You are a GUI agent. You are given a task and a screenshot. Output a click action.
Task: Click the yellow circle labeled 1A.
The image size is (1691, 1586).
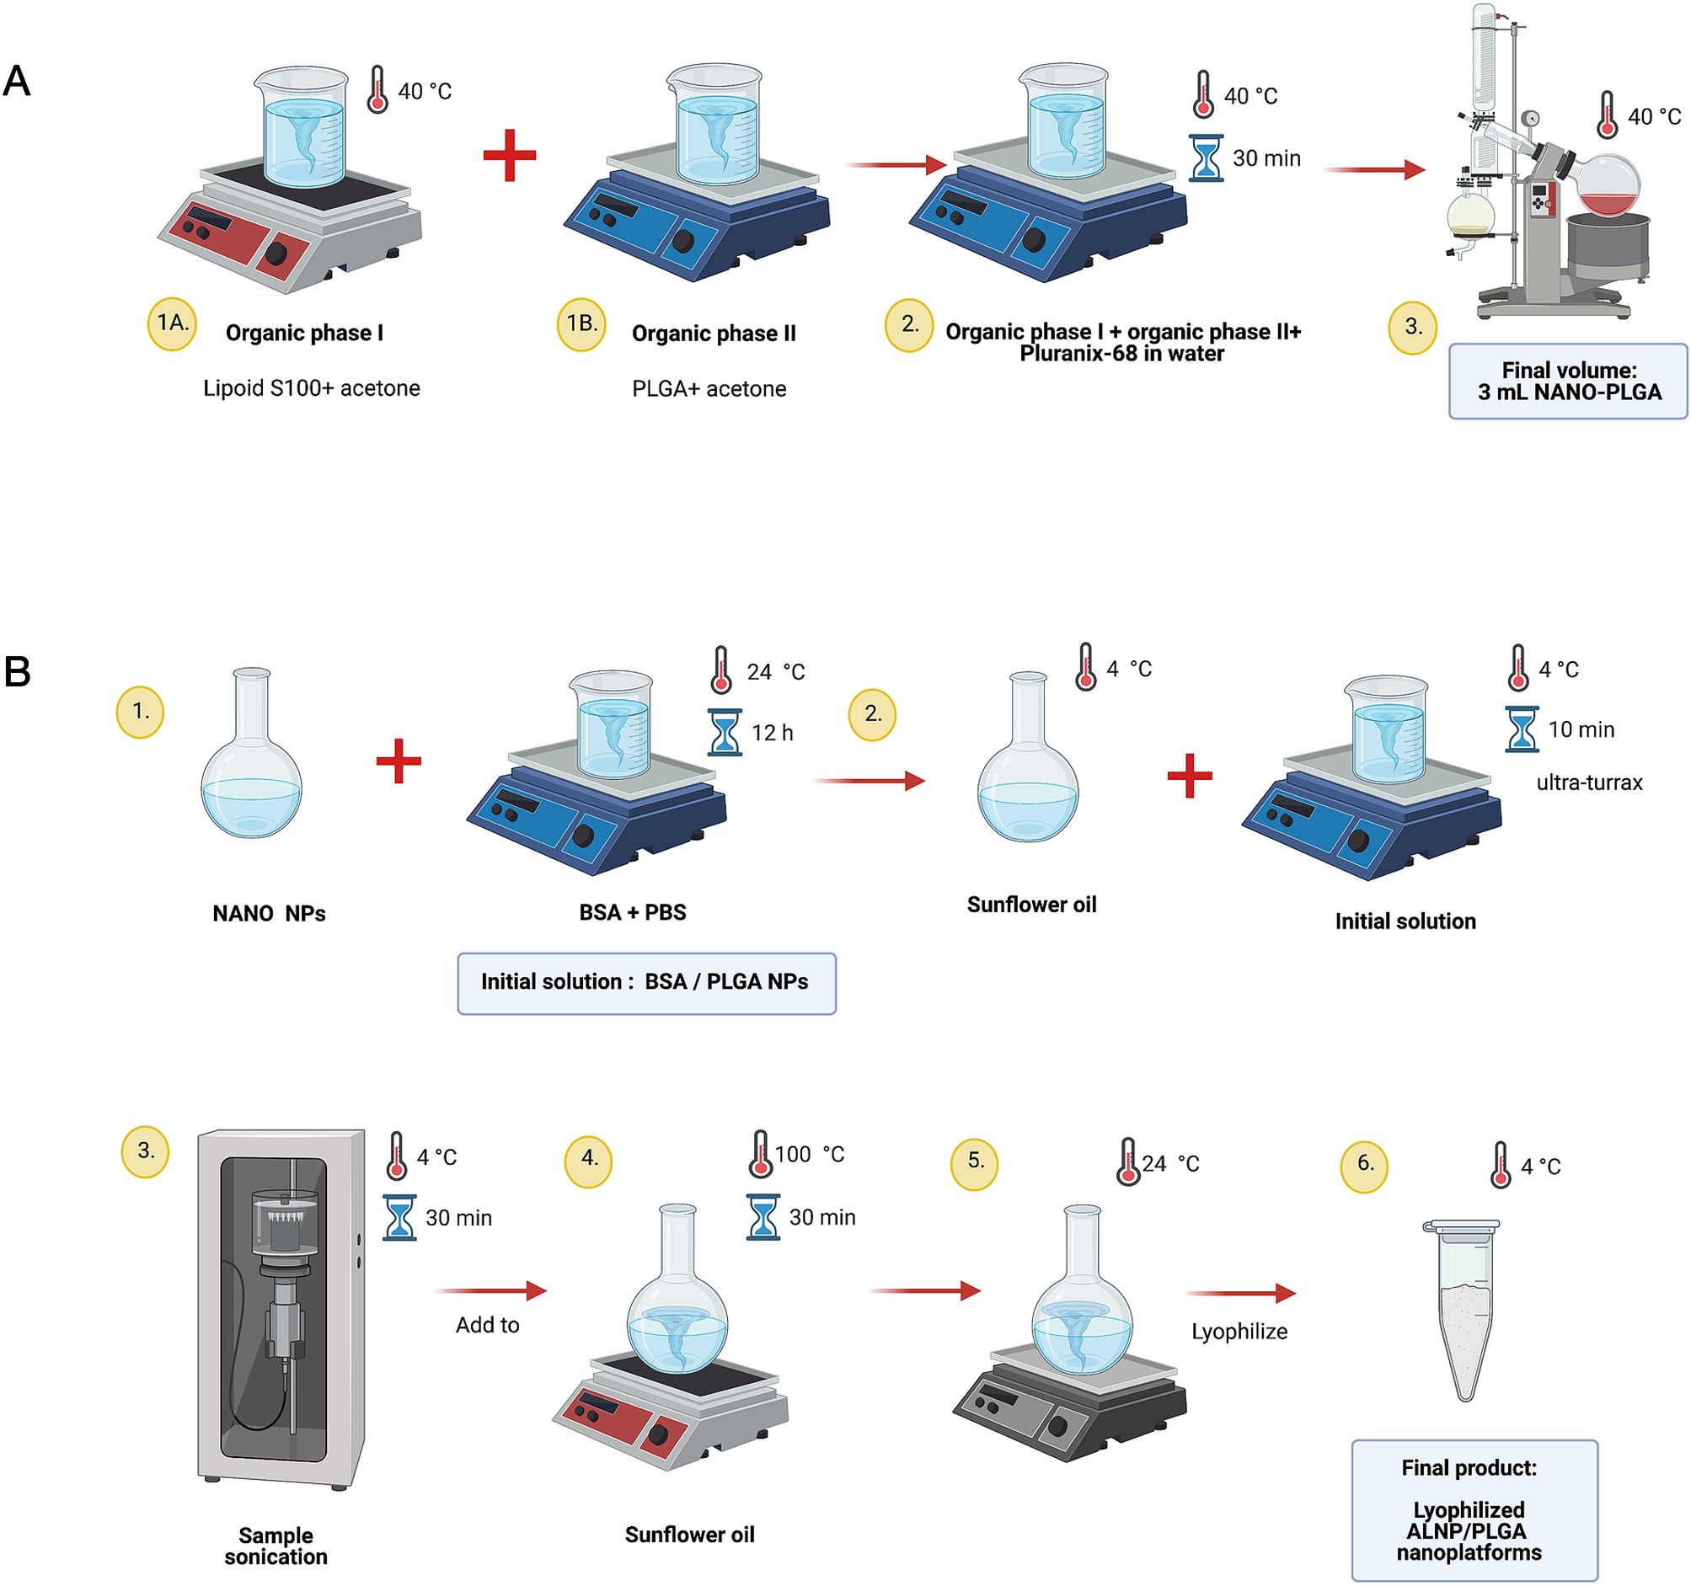point(173,324)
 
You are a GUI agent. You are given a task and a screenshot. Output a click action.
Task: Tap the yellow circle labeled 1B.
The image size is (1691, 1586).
point(582,324)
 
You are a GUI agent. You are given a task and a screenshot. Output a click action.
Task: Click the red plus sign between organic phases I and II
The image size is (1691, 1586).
point(510,156)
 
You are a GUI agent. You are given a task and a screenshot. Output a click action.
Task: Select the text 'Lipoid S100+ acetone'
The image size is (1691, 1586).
point(311,388)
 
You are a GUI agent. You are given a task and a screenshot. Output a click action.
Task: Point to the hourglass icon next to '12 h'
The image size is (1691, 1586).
point(725,733)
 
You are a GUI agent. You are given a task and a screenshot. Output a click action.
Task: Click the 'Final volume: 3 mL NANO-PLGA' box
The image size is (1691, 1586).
point(1568,382)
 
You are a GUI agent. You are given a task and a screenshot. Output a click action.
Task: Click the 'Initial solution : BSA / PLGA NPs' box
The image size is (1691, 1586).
point(646,983)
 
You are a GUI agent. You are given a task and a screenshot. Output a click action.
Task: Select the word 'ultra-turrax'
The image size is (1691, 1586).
point(1589,783)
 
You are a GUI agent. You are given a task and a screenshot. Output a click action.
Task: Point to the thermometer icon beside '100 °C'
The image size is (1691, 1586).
point(761,1155)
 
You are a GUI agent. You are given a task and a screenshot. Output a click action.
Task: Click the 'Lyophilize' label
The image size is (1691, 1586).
point(1239,1332)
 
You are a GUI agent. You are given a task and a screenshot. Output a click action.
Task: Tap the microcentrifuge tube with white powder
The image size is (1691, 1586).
point(1464,1310)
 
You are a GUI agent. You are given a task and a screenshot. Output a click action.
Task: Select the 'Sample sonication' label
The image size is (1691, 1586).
point(276,1546)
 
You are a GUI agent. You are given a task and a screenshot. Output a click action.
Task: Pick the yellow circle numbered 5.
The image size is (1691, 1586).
point(975,1163)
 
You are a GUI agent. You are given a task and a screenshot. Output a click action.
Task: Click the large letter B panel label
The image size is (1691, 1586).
point(18,672)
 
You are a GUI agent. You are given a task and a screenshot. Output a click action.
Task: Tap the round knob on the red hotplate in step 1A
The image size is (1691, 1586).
point(276,254)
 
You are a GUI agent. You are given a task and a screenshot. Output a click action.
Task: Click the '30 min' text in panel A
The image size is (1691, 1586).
point(1266,159)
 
